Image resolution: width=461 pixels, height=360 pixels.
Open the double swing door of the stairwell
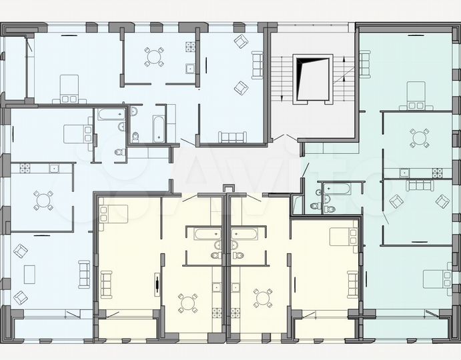point(285,139)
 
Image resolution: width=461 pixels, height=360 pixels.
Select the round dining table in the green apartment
point(420,138)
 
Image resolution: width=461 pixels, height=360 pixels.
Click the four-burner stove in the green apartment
point(437,173)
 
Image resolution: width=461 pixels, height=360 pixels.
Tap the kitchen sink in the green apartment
point(404,173)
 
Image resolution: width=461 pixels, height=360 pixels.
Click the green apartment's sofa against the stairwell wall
point(364,63)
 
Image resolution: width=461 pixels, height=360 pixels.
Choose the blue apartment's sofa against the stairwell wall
point(258,65)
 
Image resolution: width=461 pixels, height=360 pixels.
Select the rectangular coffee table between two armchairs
point(29,273)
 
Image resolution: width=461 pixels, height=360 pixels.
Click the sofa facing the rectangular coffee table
point(84,273)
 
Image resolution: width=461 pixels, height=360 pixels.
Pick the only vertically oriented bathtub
point(157,129)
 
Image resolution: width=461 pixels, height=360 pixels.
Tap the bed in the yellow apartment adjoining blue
point(113,213)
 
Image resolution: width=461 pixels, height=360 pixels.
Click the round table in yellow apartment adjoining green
point(263,297)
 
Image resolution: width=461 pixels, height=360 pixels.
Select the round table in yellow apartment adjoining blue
point(187,302)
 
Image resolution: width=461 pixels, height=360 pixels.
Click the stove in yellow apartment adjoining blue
point(217,313)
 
